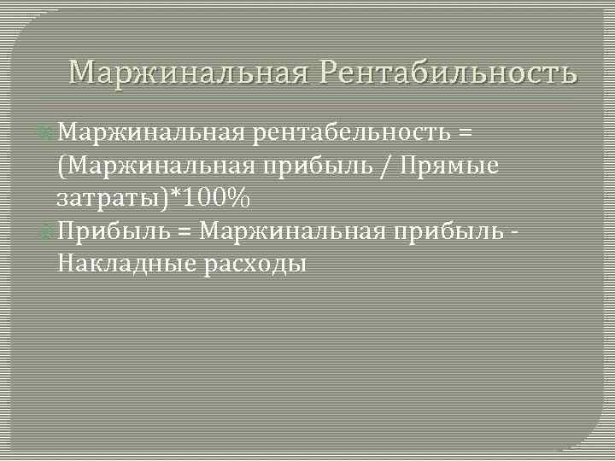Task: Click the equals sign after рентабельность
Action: point(465,132)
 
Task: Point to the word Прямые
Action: point(456,166)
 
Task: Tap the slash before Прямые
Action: point(389,166)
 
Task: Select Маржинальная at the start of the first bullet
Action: point(151,132)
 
